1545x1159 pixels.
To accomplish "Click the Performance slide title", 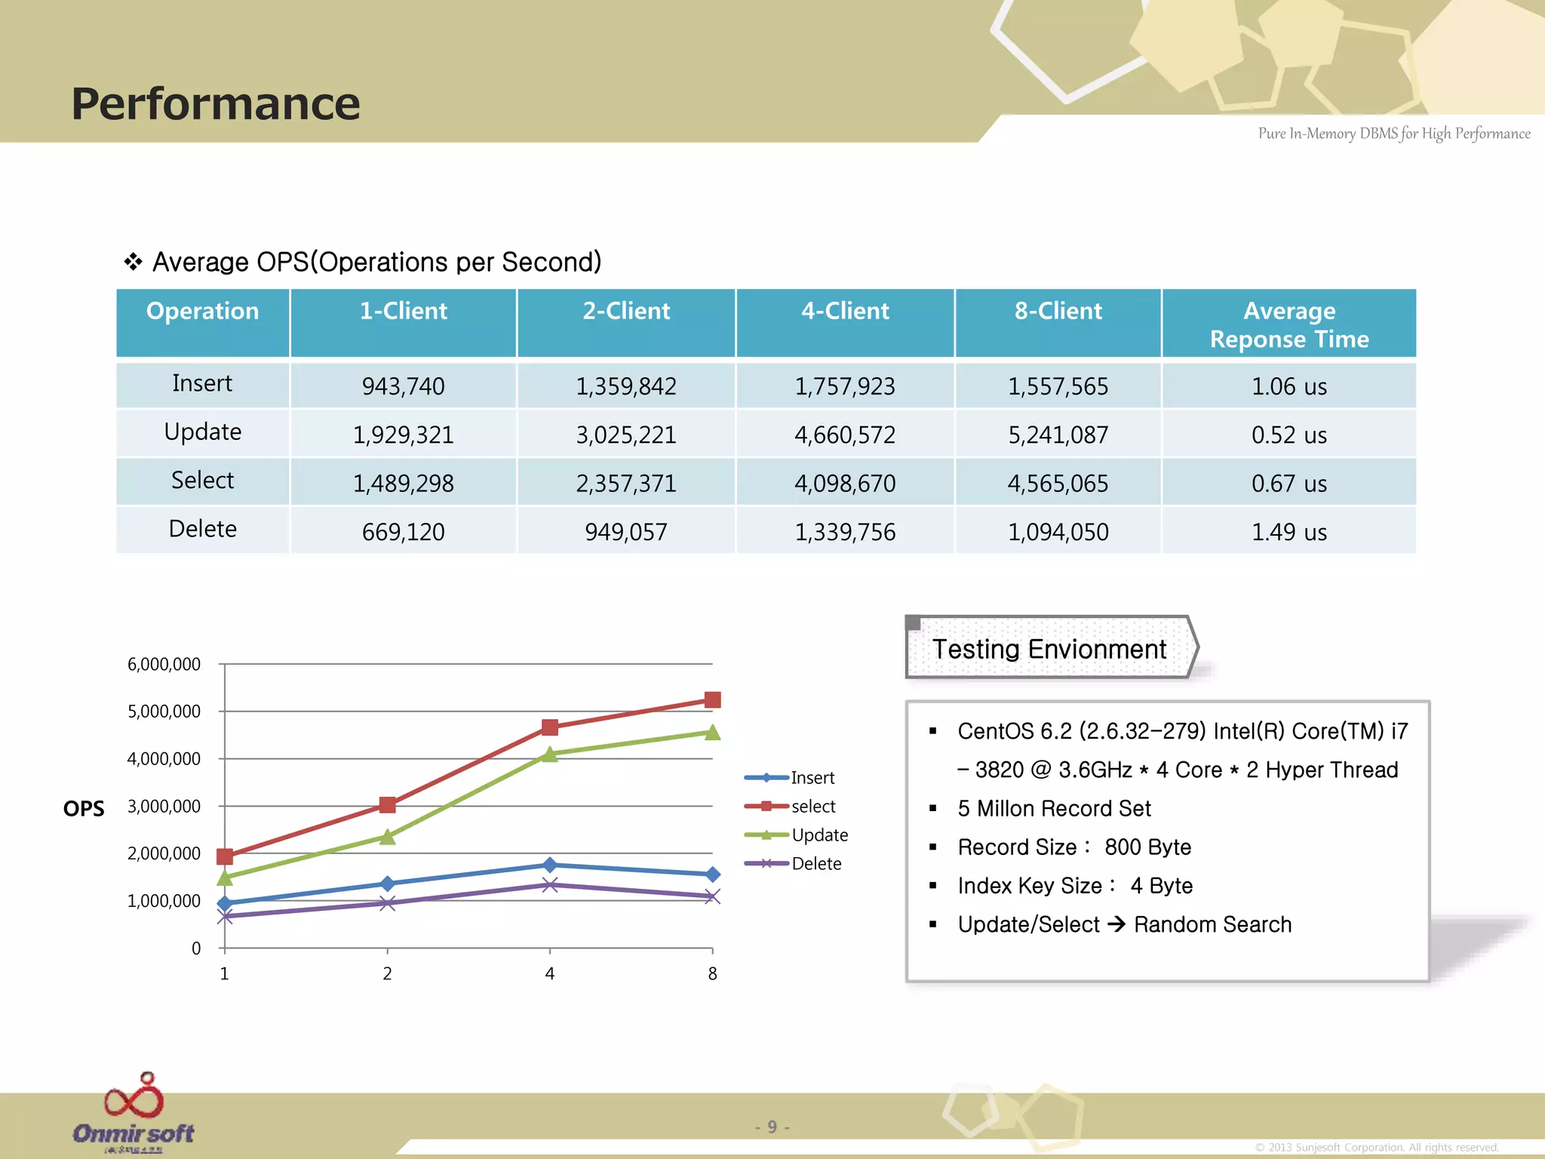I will click(x=216, y=103).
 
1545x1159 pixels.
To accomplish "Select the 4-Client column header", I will click(x=845, y=311).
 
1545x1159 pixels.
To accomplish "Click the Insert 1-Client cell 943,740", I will click(x=403, y=386).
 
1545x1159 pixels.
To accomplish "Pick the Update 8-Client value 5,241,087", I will click(x=1058, y=435).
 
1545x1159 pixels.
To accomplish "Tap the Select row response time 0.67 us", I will click(x=1289, y=484).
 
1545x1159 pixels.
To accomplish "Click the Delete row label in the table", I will click(x=202, y=529).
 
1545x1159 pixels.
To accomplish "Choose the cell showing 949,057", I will click(x=625, y=532).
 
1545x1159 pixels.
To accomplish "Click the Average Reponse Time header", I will click(x=1289, y=324).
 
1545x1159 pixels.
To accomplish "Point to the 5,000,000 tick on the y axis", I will click(x=164, y=712).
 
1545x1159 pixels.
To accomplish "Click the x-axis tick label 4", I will click(x=549, y=974).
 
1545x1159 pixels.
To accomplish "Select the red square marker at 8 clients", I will click(x=712, y=700).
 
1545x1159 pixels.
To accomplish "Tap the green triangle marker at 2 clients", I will click(x=387, y=837).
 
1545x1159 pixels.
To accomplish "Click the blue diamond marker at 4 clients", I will click(x=549, y=865).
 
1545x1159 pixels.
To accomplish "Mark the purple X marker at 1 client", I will click(x=225, y=916).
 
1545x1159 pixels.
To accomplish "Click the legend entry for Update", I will click(x=819, y=835).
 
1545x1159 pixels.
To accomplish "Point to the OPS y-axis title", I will click(x=84, y=809).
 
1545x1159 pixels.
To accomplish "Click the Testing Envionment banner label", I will click(x=1049, y=649).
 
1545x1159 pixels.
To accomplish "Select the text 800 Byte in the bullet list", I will click(x=1147, y=847).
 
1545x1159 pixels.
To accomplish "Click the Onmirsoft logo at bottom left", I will click(x=134, y=1113).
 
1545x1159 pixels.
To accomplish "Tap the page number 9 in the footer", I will click(x=772, y=1127).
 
